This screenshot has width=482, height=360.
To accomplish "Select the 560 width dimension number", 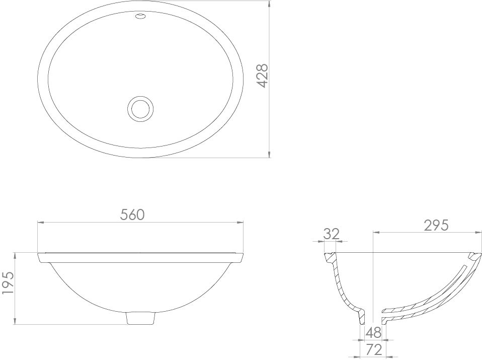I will tap(132, 214).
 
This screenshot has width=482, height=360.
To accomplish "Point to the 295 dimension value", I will tap(436, 225).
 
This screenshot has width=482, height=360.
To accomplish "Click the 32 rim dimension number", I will tap(331, 234).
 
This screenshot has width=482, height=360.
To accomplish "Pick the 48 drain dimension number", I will tap(373, 333).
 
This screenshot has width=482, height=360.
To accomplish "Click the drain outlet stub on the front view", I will tap(140, 318).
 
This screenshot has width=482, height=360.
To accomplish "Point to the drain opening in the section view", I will tap(372, 317).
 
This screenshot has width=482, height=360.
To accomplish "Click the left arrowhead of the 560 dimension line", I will tap(40, 222).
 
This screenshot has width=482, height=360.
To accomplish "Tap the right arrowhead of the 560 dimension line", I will tap(241, 222).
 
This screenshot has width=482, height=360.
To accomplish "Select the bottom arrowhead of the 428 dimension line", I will tap(270, 154).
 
